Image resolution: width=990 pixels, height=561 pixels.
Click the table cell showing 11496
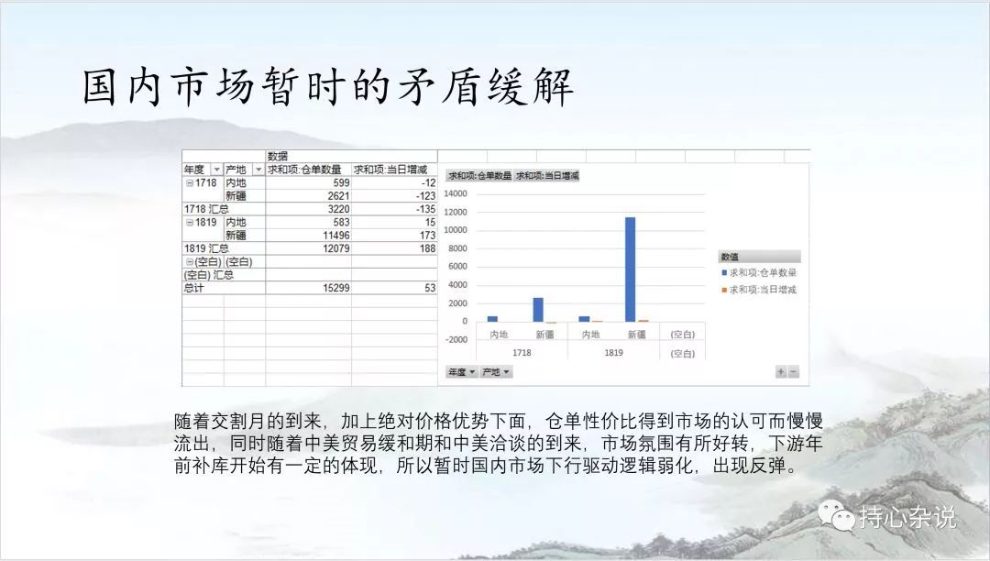click(335, 236)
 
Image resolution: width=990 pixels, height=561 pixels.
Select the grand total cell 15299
click(335, 288)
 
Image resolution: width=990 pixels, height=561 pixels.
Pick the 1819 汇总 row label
click(206, 248)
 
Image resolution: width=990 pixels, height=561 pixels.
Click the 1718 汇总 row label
click(206, 209)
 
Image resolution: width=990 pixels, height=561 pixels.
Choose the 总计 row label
click(193, 288)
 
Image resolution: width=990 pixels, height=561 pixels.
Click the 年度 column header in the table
click(194, 169)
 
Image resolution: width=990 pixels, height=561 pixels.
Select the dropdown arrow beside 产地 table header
click(258, 169)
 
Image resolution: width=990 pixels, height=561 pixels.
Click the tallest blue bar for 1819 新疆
click(630, 269)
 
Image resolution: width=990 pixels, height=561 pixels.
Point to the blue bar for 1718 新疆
click(538, 309)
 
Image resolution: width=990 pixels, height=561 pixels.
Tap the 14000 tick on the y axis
click(456, 193)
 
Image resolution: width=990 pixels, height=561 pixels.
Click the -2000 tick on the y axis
click(456, 339)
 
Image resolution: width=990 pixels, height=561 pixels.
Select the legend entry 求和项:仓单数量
click(759, 272)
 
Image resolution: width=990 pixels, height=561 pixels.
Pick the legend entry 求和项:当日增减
click(759, 290)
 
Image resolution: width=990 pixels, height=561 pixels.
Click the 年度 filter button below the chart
click(461, 372)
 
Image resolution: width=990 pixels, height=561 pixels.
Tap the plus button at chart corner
click(781, 372)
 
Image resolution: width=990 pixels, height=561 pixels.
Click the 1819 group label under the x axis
click(613, 353)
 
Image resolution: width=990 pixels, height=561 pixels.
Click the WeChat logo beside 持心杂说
click(837, 515)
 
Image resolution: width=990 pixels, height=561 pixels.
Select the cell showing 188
click(427, 248)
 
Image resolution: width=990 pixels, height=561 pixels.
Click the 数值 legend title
click(730, 257)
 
